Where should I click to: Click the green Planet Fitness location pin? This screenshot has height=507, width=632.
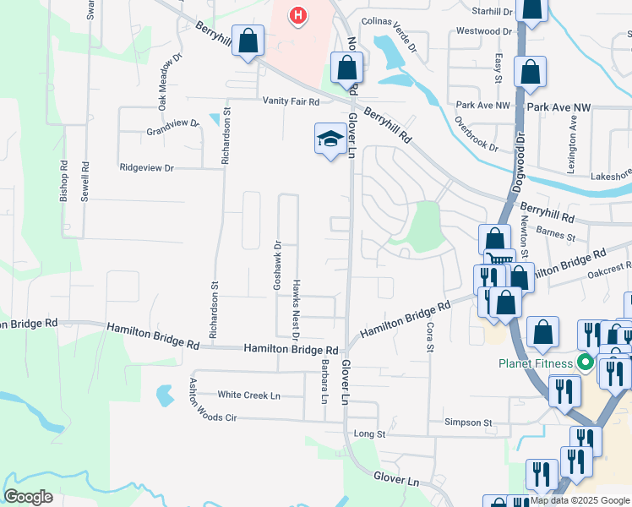[x=584, y=364]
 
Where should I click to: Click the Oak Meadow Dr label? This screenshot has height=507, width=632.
[x=163, y=84]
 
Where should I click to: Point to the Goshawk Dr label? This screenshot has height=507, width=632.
[x=277, y=265]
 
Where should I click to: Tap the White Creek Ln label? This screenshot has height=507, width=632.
[x=248, y=395]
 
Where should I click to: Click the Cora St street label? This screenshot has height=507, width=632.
[x=430, y=337]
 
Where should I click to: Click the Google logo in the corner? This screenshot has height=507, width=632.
[x=29, y=497]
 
